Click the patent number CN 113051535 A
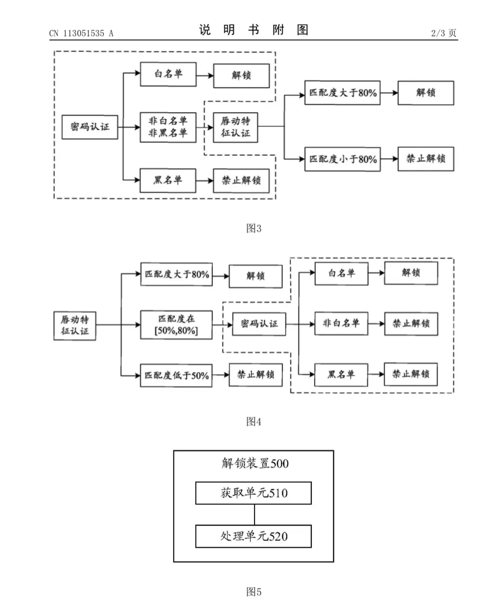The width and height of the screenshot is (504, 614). coord(81,34)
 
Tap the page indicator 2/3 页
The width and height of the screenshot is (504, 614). coord(443,33)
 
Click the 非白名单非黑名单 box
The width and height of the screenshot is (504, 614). coord(168,127)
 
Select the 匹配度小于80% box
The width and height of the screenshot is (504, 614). coord(342,159)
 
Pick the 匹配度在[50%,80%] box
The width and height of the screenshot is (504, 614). coord(176,325)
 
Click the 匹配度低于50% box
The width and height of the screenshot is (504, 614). coord(176,375)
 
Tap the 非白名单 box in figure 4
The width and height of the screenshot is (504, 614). coord(341,324)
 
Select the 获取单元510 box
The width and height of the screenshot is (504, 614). coord(253,493)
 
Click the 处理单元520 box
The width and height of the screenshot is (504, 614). coord(253,536)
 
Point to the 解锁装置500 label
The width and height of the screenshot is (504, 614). coord(255,463)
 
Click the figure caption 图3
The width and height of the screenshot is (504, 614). coord(254,228)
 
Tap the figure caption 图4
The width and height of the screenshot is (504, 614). coord(254,421)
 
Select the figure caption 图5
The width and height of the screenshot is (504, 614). coord(254,591)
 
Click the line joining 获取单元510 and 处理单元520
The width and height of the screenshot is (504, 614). coord(255,514)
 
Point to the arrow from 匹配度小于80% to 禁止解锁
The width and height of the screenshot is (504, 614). coord(389,159)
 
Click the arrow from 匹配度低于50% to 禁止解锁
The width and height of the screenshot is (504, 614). coord(220,375)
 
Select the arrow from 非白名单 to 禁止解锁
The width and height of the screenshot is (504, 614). coord(376,324)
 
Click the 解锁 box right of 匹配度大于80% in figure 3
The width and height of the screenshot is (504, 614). coord(426,93)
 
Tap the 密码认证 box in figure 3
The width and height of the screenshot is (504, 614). coord(90,127)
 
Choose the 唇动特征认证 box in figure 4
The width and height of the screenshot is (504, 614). coord(75,326)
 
